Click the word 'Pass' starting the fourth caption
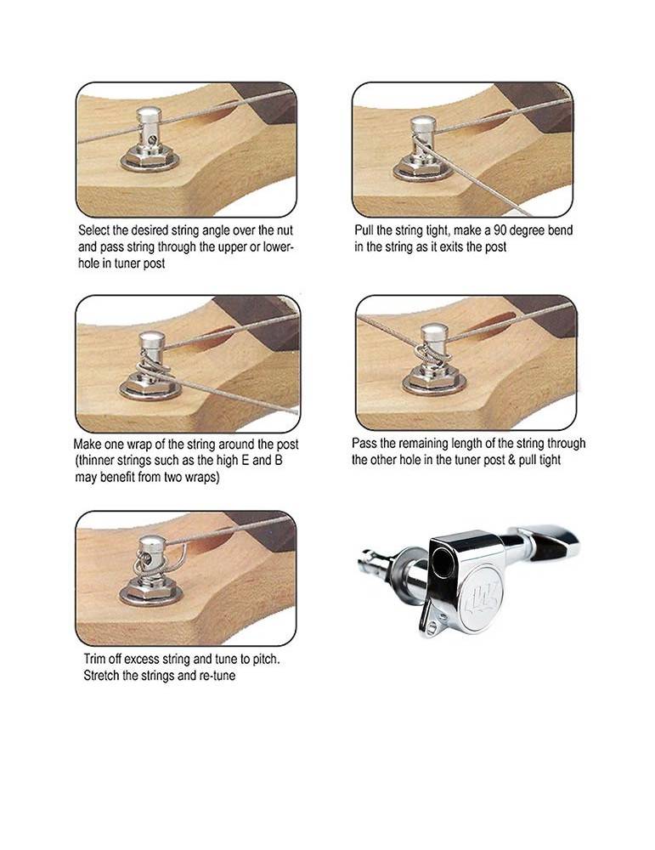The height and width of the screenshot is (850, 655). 364,444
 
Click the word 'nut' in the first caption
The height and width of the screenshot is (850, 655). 285,230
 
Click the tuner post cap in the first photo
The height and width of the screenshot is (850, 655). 149,115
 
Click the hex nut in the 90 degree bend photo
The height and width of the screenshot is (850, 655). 421,167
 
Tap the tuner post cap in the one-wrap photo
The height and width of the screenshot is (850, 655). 152,341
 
